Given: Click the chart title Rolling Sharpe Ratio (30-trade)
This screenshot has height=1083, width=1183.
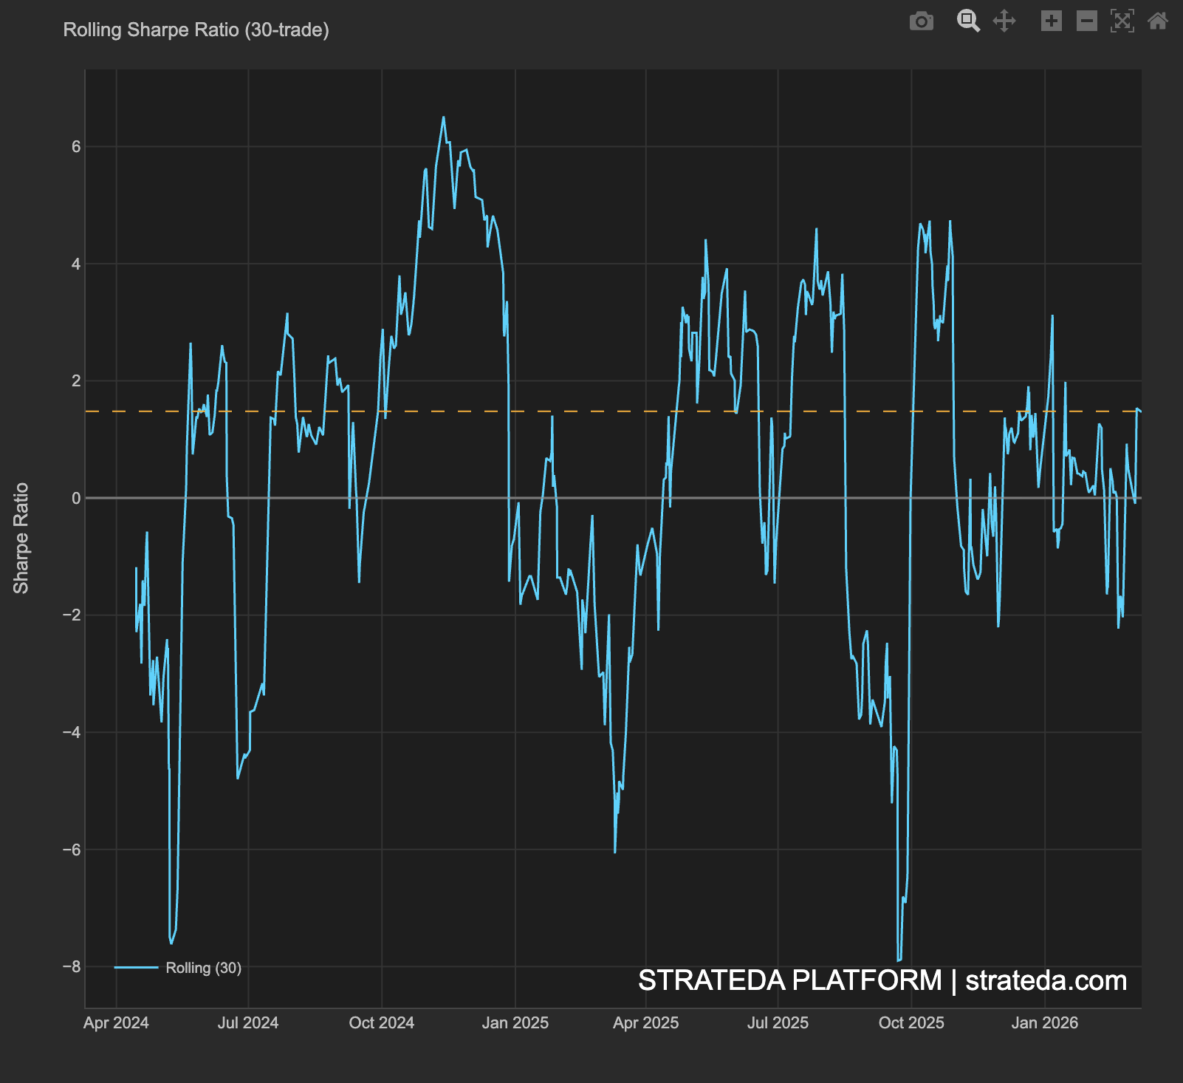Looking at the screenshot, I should click(196, 30).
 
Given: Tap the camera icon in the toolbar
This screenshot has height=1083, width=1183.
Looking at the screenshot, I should click(921, 21).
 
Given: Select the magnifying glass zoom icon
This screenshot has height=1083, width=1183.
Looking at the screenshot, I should click(967, 21).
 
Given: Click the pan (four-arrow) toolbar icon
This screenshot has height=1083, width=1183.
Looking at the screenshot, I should click(1004, 21).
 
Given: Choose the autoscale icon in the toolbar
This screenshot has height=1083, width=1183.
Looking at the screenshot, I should click(1122, 21).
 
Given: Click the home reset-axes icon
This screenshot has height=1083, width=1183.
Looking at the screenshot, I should click(1157, 21).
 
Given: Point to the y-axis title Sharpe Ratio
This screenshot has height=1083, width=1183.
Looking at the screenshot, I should click(21, 538).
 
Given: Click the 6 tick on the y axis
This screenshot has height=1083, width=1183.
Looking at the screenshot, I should click(76, 147).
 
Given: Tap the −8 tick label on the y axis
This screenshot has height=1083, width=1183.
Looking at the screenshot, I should click(72, 967).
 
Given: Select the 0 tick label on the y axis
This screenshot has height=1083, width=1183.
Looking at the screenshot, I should click(76, 499).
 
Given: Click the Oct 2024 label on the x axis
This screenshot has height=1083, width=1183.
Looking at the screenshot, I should click(381, 1023).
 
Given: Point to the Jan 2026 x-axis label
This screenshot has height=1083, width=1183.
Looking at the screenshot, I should click(1044, 1023).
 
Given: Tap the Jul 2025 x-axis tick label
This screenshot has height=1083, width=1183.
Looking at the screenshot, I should click(778, 1023).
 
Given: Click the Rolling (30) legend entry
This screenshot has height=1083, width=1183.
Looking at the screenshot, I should click(203, 968).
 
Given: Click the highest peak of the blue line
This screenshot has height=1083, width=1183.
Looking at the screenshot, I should click(443, 117).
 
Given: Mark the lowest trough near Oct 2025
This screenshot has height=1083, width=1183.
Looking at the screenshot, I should click(899, 960).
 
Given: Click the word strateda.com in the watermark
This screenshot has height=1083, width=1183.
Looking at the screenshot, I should click(1046, 981).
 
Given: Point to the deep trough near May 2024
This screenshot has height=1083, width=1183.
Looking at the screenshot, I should click(171, 943).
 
